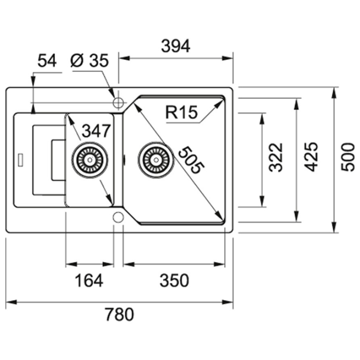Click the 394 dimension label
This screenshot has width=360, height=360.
click(176, 46)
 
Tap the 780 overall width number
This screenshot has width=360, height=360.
click(119, 314)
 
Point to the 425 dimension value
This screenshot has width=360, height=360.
click(311, 157)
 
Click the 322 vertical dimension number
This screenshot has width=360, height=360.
click(275, 157)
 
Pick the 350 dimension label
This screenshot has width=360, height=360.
click(175, 280)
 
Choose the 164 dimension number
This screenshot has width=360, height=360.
click(89, 280)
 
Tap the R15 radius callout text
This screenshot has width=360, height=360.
click(181, 112)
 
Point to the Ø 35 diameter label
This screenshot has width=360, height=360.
click(89, 61)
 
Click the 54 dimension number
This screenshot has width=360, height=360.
click(47, 61)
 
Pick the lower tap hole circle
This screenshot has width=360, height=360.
click(118, 216)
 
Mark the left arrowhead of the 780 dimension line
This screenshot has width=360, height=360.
click(9, 301)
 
